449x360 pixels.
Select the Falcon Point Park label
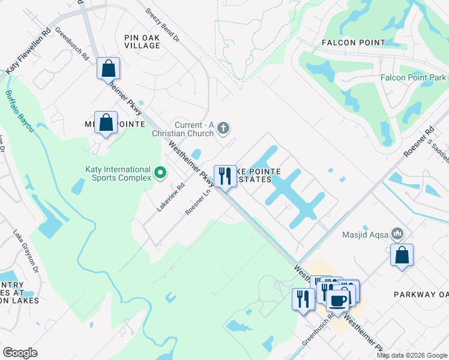[x=414, y=78]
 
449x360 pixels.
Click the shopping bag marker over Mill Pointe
[x=106, y=123]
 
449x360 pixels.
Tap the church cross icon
[x=223, y=128]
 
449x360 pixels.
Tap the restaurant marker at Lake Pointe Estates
[x=225, y=176]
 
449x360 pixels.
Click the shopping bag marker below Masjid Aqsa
[x=402, y=254]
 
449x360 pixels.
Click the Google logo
[x=20, y=353]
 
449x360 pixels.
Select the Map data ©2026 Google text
[x=412, y=355]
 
